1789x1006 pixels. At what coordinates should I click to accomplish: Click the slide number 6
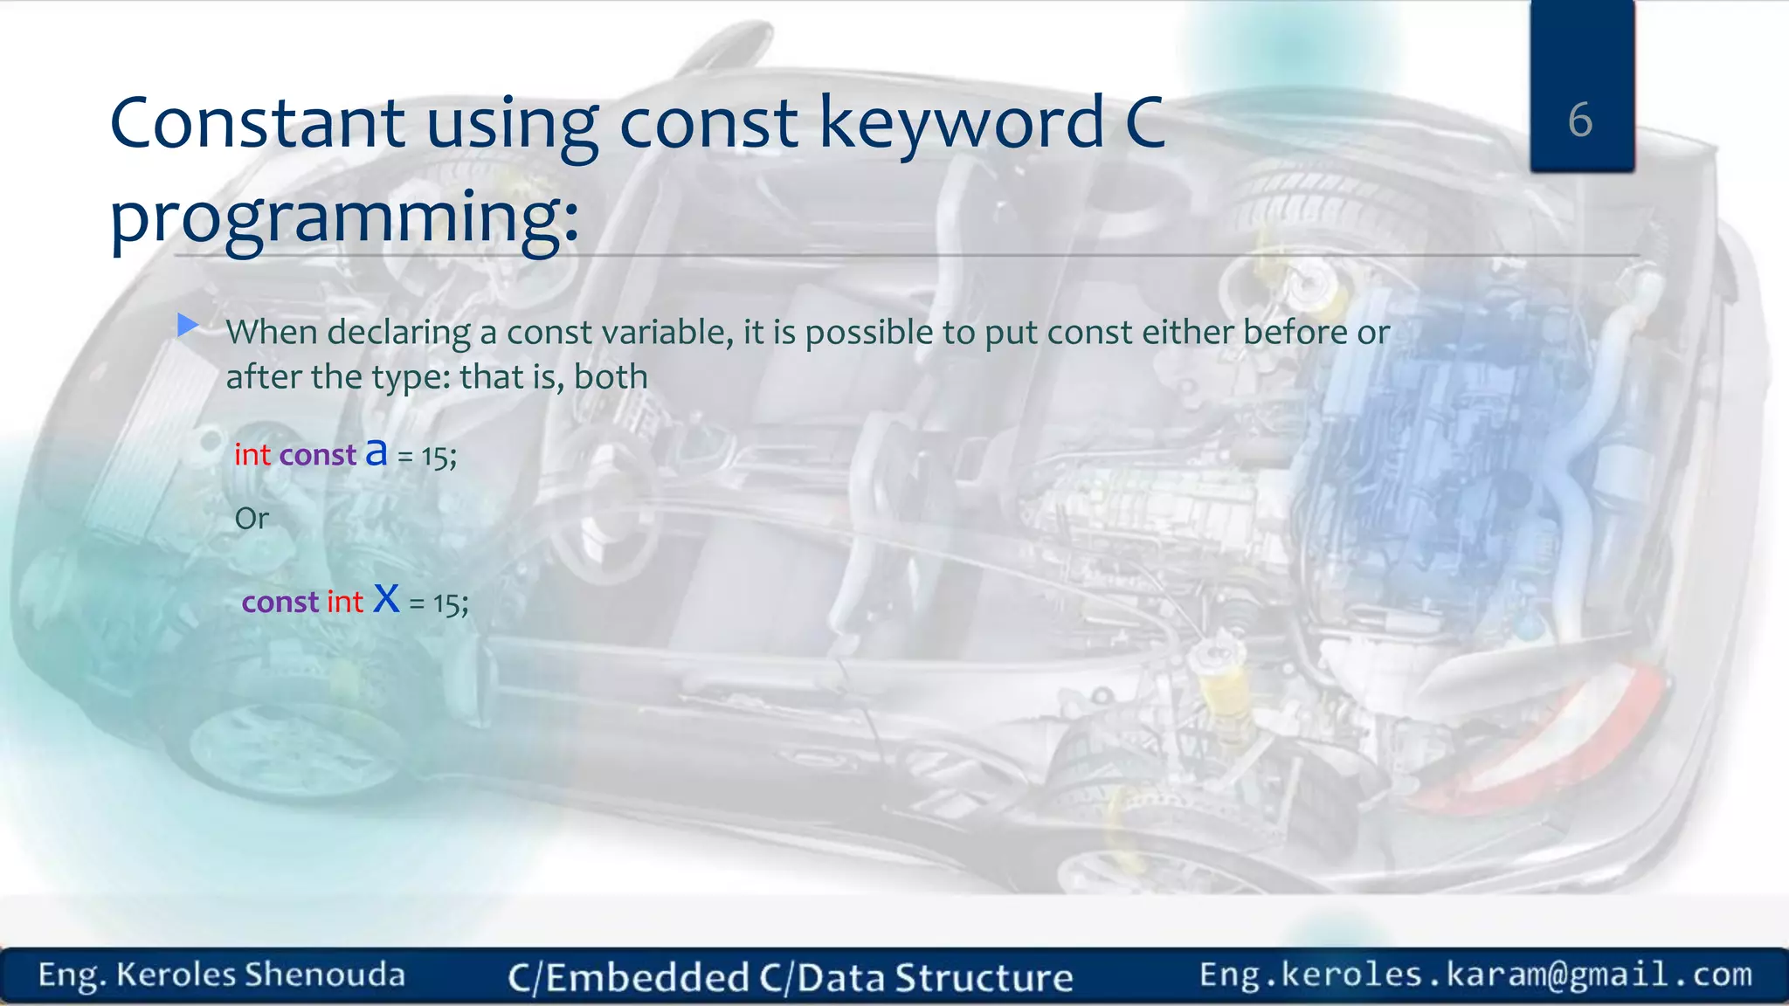(1579, 120)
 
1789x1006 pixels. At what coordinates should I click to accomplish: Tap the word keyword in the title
(961, 123)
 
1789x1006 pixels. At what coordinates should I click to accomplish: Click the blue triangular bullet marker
(187, 326)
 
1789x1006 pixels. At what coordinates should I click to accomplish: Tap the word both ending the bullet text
(611, 377)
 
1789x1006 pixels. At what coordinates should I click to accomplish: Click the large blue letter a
(376, 452)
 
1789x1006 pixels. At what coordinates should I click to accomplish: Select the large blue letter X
(386, 599)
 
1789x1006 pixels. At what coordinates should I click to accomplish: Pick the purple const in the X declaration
(280, 603)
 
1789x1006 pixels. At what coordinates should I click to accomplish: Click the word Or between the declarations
(252, 519)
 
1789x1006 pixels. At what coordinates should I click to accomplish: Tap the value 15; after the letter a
(439, 457)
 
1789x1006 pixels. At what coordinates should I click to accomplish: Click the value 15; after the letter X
(451, 603)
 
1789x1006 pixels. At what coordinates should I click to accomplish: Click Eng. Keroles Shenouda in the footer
(222, 975)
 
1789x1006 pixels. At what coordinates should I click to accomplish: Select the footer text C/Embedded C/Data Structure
(791, 977)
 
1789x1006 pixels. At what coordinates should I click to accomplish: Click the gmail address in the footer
(1475, 975)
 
